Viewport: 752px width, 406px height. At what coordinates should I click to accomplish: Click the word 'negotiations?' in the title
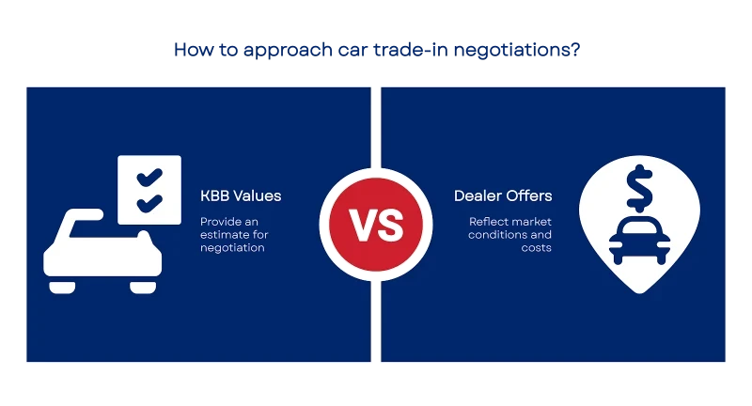[516, 51]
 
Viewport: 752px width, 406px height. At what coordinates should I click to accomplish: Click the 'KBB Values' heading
[241, 195]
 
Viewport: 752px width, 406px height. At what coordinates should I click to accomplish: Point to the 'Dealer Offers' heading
[503, 195]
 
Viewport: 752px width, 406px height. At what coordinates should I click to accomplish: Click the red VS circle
[376, 225]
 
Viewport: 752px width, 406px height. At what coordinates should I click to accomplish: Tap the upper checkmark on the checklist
[149, 177]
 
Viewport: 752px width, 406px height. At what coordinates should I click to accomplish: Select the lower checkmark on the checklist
[149, 203]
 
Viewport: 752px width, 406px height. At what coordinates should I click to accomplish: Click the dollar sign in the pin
[639, 188]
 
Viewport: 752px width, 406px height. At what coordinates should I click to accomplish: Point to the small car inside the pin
[639, 241]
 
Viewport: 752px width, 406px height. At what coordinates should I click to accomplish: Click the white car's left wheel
[62, 288]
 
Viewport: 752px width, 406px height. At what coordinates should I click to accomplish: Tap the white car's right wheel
[143, 288]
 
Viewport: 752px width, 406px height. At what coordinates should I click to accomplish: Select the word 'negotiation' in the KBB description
[232, 248]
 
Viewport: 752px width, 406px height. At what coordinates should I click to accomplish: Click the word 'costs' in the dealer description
[536, 248]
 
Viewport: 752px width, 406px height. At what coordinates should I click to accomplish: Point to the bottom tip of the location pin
[639, 293]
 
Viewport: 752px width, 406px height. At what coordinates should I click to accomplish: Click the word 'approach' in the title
[288, 51]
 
